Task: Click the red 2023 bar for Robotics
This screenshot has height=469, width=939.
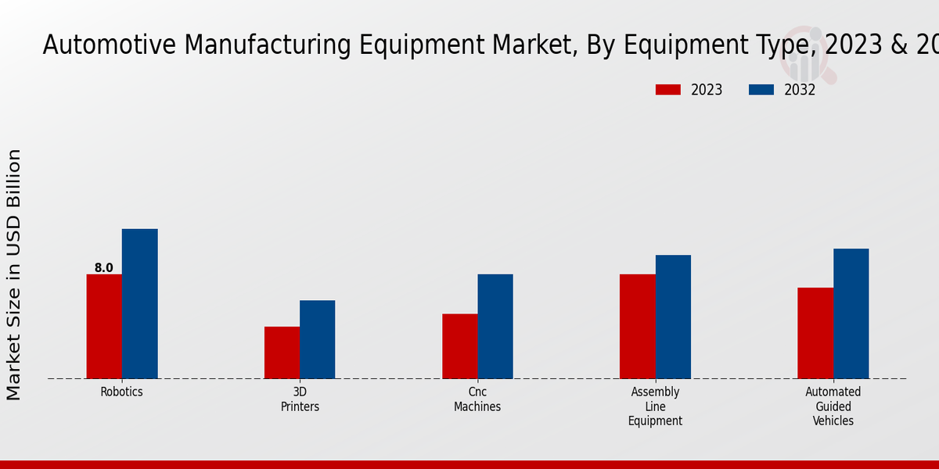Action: coord(104,326)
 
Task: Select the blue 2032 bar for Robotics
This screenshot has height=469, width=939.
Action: coord(139,303)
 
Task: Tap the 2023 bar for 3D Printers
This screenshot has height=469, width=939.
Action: coord(282,353)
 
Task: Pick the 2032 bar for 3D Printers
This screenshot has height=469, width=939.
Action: coord(317,339)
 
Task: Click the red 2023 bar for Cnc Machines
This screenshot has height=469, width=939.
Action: coord(459,346)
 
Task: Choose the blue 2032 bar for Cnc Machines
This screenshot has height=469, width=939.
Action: coord(495,326)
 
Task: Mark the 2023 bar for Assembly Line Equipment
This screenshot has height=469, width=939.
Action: coord(637,326)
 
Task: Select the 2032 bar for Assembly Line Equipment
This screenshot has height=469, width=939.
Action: coord(673,317)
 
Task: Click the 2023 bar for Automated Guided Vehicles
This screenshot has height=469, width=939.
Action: coord(815,333)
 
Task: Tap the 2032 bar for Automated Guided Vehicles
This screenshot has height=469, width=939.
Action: coord(851,313)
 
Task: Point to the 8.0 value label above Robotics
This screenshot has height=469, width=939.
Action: coord(104,268)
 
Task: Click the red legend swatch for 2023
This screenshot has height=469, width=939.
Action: coord(667,90)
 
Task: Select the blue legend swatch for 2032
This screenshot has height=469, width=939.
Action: coord(761,90)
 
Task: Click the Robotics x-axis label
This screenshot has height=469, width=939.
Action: coord(122,392)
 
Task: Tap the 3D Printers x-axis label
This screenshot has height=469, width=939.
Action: coord(300,399)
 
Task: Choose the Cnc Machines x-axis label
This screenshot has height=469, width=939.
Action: coord(477,399)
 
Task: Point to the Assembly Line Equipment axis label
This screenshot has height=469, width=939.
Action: coord(655,406)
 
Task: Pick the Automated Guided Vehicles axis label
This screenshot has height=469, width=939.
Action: coord(833,406)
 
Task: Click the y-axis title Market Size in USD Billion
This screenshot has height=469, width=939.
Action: coord(14,274)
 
